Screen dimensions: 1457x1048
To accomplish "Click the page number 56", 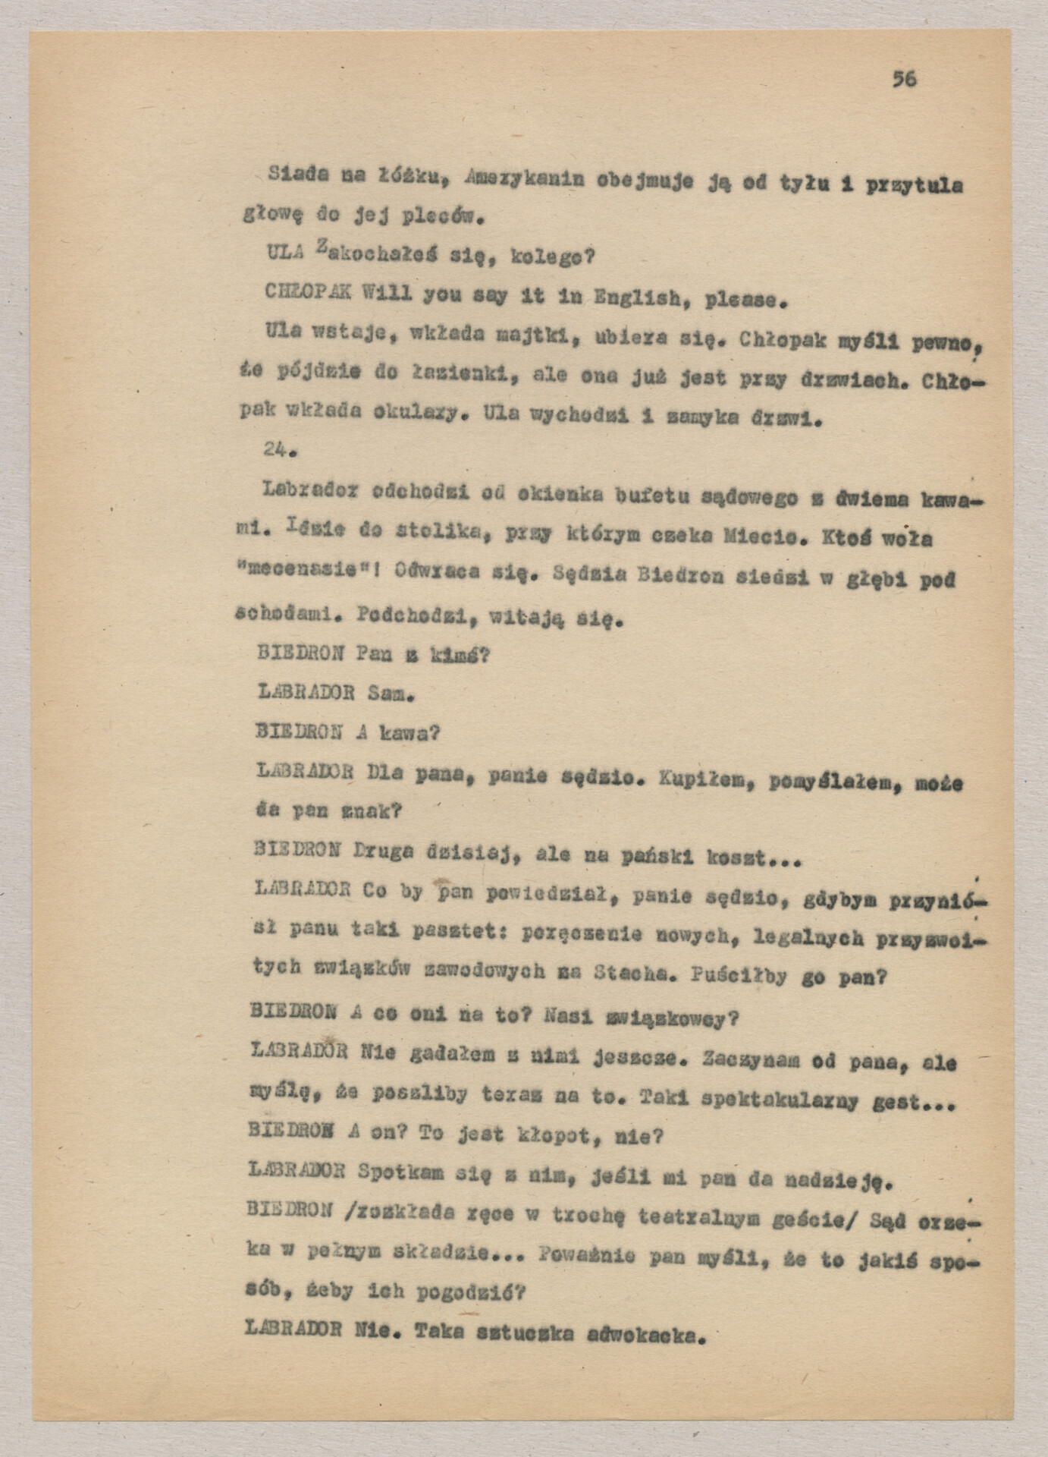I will (904, 79).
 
